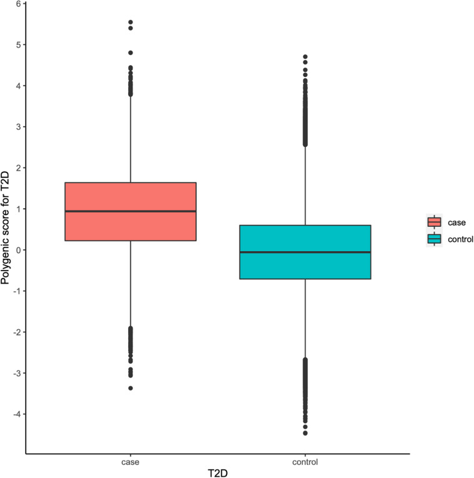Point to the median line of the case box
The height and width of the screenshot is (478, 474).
[130, 211]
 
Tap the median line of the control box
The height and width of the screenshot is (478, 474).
[305, 252]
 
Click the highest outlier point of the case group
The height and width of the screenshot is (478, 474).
[130, 22]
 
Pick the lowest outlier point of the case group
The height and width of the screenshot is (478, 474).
[130, 388]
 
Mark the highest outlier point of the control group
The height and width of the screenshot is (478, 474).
[305, 56]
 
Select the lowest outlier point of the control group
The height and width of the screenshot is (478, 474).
[305, 433]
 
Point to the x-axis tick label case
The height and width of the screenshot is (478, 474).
[130, 462]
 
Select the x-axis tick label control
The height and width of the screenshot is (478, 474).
[305, 462]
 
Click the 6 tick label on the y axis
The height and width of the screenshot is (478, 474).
[18, 4]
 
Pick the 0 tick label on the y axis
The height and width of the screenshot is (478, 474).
[18, 250]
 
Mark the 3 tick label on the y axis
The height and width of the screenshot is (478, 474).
[18, 127]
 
